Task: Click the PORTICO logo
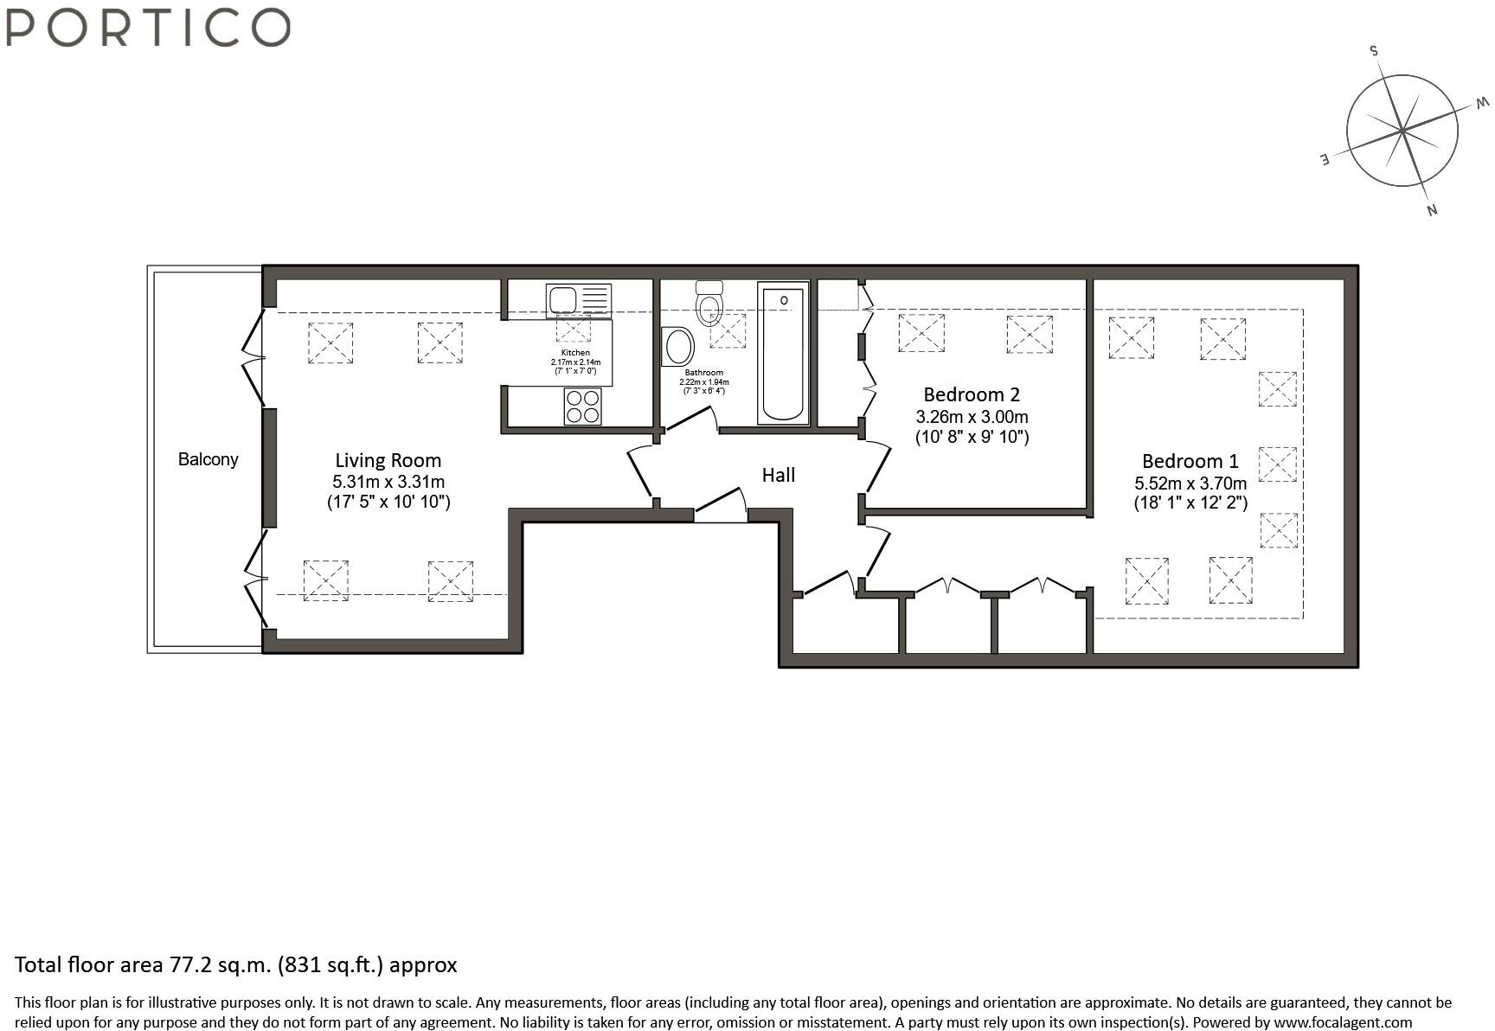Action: coord(148,27)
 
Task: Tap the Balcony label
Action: coord(208,459)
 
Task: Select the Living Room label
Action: coord(388,461)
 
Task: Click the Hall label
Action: coord(778,475)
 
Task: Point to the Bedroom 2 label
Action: coord(972,394)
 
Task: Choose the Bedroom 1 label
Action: coord(1190,461)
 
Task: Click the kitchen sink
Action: coord(579,301)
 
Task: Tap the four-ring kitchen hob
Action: coord(583,407)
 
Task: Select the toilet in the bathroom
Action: coord(709,303)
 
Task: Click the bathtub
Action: coord(783,353)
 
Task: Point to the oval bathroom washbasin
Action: coord(678,347)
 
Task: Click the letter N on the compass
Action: coord(1432,209)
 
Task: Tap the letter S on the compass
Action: coord(1373,50)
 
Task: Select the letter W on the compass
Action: coord(1483,105)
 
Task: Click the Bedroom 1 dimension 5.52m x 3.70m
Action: coord(1190,483)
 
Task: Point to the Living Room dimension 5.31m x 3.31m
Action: coord(388,482)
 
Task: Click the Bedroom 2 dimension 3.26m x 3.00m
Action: coord(972,416)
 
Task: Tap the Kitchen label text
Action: coord(575,353)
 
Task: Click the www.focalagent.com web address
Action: coord(1343,1021)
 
